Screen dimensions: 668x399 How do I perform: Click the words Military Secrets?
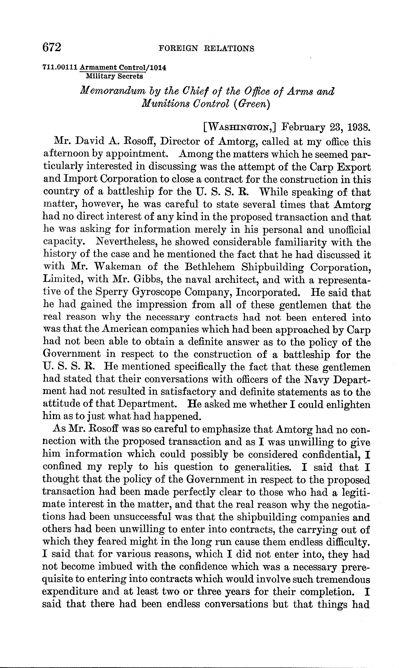(114, 76)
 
